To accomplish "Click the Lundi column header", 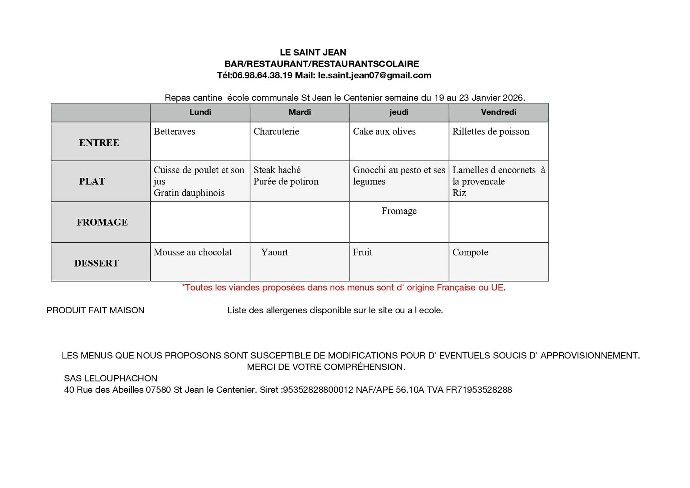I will tap(200, 112).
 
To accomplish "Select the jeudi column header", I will tap(399, 112).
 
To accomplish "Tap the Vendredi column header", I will tap(498, 112).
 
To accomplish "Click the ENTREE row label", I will tap(99, 143).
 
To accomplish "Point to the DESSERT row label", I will tap(96, 263).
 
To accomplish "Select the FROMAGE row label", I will tap(102, 222).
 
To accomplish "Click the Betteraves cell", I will tap(174, 132).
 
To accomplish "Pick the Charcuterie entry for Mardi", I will tap(276, 132).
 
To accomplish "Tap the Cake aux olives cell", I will tap(384, 132).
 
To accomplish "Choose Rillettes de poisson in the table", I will tap(491, 132).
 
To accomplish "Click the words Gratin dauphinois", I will tap(189, 193).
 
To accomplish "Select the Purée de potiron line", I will tap(286, 182).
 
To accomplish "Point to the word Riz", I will tap(459, 193).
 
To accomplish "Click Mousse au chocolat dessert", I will tap(193, 252).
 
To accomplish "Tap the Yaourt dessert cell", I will tap(275, 252).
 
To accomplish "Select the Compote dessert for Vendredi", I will tap(470, 252).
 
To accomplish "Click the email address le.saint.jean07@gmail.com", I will tap(374, 76).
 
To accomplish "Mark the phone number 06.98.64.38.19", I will tap(262, 76).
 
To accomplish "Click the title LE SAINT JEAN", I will tap(313, 53).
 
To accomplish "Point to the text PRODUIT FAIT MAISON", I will tap(95, 310).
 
